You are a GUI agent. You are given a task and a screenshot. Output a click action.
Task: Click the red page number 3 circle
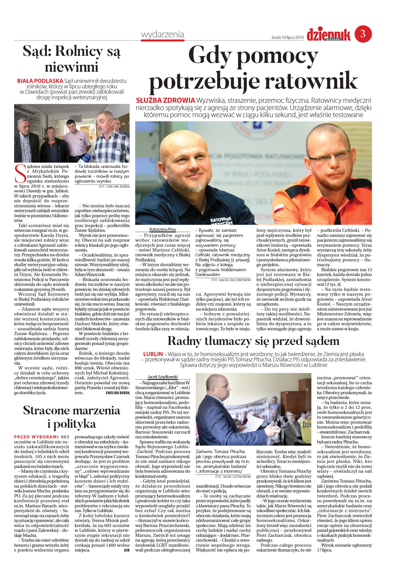coord(363,34)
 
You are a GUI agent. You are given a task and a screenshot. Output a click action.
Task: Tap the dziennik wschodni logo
coord(328,35)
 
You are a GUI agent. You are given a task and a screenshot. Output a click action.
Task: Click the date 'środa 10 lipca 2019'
coord(287,38)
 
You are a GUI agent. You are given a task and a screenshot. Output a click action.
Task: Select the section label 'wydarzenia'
coord(162,34)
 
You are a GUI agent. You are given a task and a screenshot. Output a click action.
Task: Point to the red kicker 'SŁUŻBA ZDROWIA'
coord(165,101)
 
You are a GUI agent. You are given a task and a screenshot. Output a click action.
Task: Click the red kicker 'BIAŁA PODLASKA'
coord(40,81)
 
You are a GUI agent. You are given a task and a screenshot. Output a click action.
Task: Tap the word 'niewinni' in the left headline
coord(71,67)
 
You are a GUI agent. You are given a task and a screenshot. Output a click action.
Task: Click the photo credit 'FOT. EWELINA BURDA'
coord(114,187)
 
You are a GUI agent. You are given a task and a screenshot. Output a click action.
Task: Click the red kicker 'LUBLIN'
coord(153,354)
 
